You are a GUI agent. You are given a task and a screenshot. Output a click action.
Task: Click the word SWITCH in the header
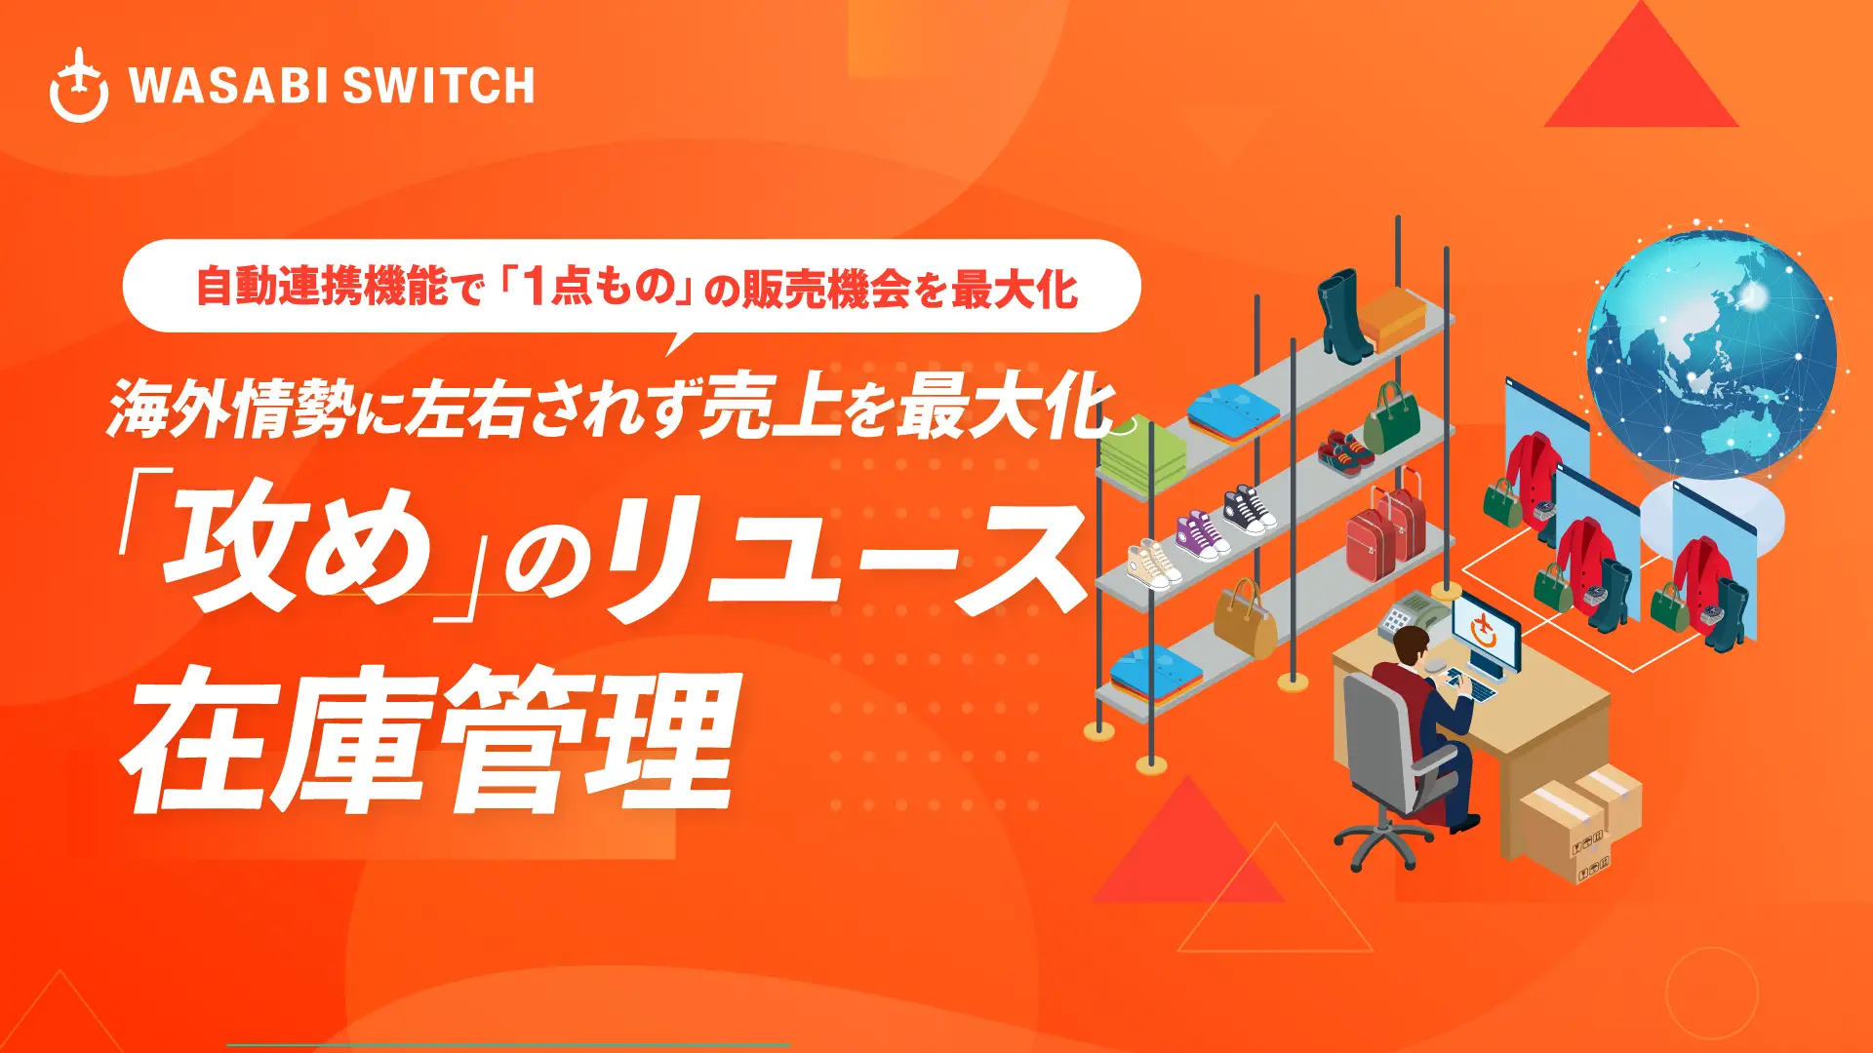(439, 86)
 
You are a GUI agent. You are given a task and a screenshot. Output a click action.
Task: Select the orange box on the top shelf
(1393, 315)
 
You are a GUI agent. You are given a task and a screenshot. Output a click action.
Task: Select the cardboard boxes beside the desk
(1580, 819)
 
